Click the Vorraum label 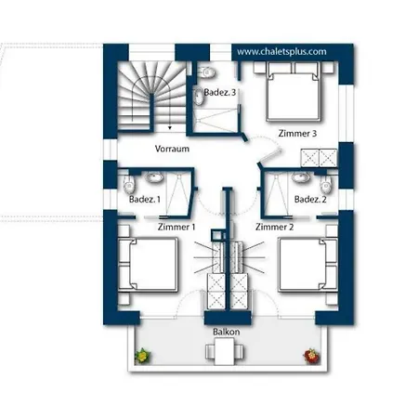pos(172,149)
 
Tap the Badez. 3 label pos(220,92)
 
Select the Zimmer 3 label pos(297,134)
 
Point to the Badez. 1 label pos(145,200)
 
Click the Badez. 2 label pos(310,200)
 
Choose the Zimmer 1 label pos(176,227)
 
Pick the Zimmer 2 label pos(274,227)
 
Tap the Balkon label pos(227,332)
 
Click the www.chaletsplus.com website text pos(281,51)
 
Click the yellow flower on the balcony pos(143,356)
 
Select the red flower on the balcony pos(311,356)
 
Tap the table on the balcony pos(225,351)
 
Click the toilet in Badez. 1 pos(129,183)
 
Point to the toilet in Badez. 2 pos(326,183)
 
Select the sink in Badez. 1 pos(153,177)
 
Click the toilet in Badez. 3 pos(207,72)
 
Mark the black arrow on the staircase pos(170,127)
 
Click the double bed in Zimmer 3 pos(293,91)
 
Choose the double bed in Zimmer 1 pos(149,264)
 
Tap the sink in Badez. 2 pos(300,177)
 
